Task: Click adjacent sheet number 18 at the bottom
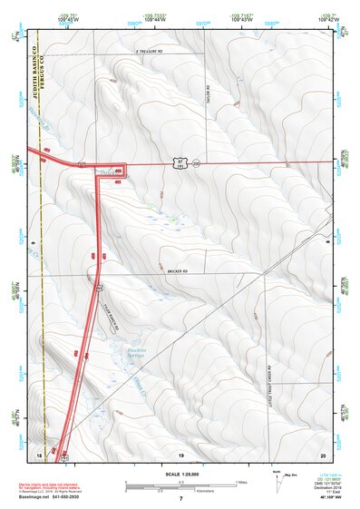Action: click(x=39, y=453)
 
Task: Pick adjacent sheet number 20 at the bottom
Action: click(x=322, y=453)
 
